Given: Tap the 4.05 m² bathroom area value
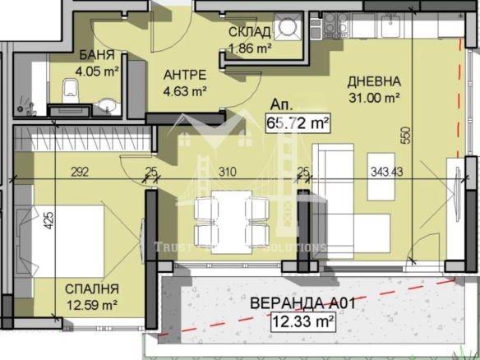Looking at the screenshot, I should click(98, 71).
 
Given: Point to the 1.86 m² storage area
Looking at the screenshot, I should click(249, 48).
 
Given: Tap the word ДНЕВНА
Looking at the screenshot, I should click(373, 81).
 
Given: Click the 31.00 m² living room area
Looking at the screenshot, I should click(373, 98).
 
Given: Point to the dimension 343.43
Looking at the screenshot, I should click(383, 173).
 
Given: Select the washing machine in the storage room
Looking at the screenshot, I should click(289, 30).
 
